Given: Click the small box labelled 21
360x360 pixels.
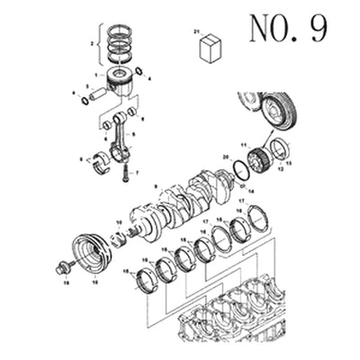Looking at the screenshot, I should [212, 49].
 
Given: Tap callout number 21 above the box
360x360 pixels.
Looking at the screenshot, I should [197, 32].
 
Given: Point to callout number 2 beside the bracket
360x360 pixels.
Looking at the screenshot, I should [93, 42].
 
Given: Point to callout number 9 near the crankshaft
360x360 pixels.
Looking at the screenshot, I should [156, 187].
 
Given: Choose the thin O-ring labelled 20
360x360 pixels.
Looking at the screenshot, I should [240, 168].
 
